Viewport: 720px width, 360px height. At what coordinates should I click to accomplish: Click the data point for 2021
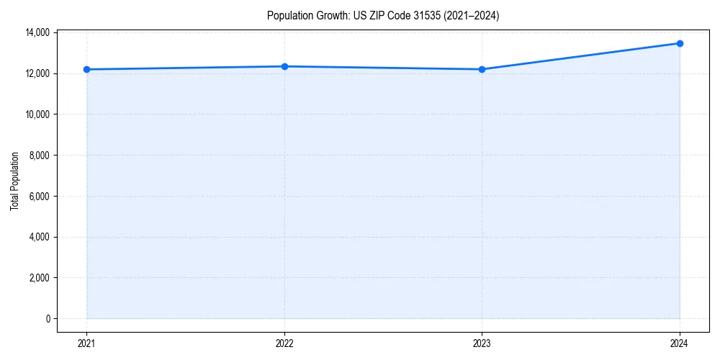[86, 69]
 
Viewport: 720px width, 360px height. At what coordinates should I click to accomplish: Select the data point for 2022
[284, 66]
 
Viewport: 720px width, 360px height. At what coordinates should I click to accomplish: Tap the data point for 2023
[482, 69]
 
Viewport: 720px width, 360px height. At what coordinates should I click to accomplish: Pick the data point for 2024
[680, 43]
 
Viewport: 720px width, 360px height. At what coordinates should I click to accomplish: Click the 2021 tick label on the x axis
[86, 343]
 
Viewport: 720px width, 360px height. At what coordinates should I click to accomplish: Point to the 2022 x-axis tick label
[284, 343]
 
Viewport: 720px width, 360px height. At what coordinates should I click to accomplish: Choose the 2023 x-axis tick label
[482, 343]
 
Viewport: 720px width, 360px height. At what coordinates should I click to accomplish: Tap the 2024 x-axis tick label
[680, 343]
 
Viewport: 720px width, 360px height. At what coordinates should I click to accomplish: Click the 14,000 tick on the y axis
[37, 32]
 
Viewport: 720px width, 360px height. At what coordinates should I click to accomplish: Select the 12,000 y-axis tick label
[37, 73]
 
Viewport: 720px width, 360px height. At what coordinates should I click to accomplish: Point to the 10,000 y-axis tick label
[37, 114]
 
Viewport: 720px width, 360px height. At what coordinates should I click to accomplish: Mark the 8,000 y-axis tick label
[39, 156]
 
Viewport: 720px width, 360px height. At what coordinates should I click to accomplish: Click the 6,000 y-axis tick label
[39, 196]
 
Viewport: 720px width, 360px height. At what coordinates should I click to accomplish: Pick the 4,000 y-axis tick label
[39, 237]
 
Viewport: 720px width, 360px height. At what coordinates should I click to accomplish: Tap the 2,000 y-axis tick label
[39, 278]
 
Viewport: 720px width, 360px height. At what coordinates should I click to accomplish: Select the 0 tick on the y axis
[48, 319]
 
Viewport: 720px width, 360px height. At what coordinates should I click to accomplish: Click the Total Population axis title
[14, 181]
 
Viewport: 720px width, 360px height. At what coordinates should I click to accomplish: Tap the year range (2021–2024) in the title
[472, 15]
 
